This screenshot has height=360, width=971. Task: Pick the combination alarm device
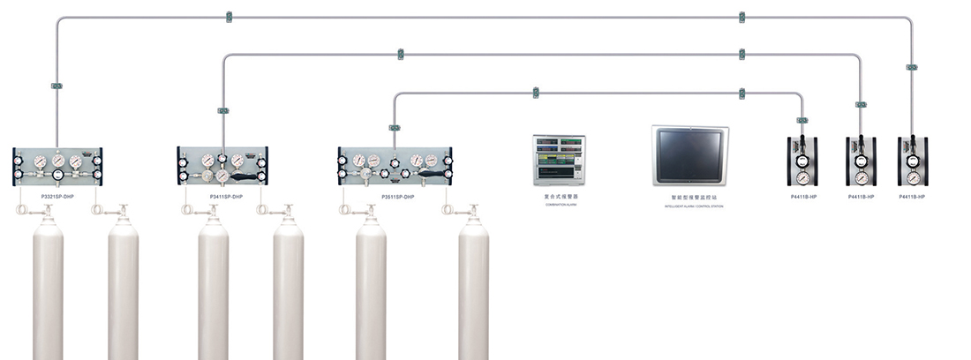pyautogui.click(x=559, y=160)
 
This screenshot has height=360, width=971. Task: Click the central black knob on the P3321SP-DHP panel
pyautogui.click(x=58, y=176)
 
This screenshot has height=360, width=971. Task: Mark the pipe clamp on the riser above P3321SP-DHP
pyautogui.click(x=56, y=86)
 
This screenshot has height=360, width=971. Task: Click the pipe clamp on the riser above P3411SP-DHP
pyautogui.click(x=222, y=110)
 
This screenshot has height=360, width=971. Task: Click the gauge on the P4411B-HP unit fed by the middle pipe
pyautogui.click(x=861, y=162)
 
